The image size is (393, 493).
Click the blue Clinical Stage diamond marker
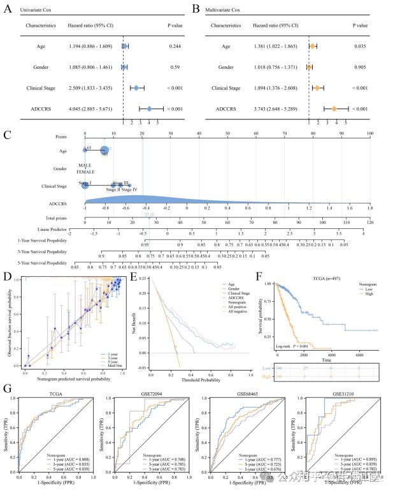[x=136, y=88]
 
